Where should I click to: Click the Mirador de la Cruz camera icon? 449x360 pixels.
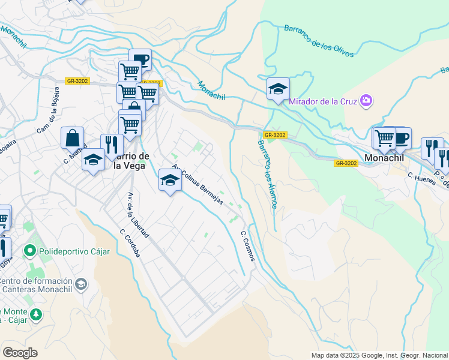click(x=366, y=101)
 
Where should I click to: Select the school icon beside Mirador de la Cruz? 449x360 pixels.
click(x=279, y=89)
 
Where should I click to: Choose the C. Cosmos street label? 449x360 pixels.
click(x=247, y=246)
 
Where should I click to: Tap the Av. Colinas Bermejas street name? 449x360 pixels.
click(x=197, y=185)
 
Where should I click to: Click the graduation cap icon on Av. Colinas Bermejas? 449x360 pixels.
click(x=170, y=179)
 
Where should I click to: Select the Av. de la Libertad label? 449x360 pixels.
click(x=137, y=215)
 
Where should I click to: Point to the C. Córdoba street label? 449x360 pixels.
click(x=130, y=243)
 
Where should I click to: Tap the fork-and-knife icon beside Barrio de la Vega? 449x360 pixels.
click(x=112, y=145)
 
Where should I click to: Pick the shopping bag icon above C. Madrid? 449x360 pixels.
click(x=72, y=137)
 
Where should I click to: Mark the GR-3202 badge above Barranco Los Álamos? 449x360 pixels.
click(x=274, y=135)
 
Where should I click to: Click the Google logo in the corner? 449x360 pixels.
click(x=20, y=353)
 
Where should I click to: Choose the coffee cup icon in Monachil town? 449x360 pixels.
click(x=401, y=138)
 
